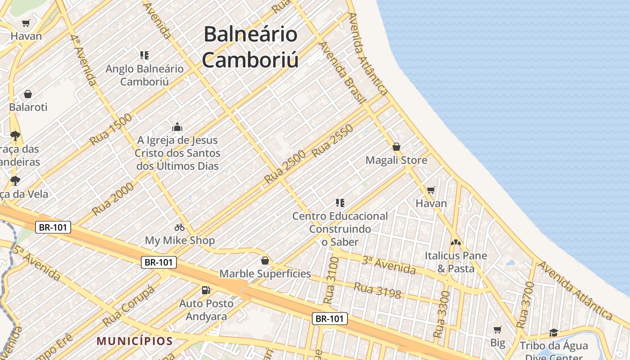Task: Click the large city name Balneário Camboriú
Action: [x=250, y=47]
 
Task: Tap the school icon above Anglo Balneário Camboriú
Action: [x=144, y=55]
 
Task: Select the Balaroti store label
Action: [x=28, y=107]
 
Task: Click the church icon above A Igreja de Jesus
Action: [x=177, y=127]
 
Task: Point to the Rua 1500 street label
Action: [x=111, y=129]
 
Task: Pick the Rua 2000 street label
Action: [x=113, y=198]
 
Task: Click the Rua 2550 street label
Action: [x=332, y=141]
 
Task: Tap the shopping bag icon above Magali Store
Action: [x=396, y=147]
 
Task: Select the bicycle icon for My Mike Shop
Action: [x=180, y=227]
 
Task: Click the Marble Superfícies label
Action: [x=265, y=274]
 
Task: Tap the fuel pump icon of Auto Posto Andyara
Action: [x=206, y=290]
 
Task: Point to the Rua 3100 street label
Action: [x=331, y=280]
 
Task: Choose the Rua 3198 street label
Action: [x=377, y=290]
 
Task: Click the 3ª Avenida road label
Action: [x=388, y=265]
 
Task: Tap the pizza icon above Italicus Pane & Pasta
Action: [x=456, y=243]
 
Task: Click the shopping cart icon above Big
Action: [x=497, y=329]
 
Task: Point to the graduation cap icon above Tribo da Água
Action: [x=553, y=333]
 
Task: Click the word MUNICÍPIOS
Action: [x=135, y=341]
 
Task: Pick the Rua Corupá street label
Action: [x=128, y=306]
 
